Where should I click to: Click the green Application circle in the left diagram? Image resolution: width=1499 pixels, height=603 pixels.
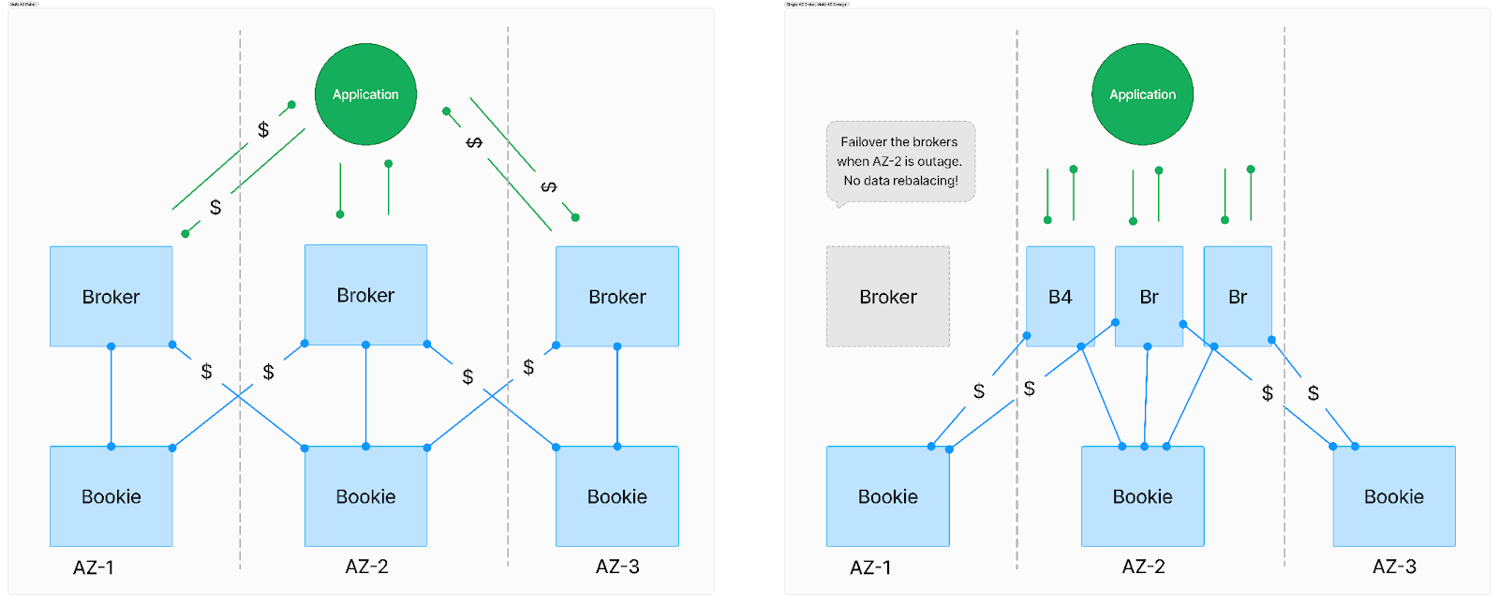[365, 95]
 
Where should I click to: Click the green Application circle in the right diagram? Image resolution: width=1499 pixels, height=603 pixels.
[1142, 95]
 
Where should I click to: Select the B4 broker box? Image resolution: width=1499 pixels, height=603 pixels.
[1060, 297]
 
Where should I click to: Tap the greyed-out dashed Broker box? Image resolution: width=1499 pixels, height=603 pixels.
[887, 297]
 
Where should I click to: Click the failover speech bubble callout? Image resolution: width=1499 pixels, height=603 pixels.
[900, 161]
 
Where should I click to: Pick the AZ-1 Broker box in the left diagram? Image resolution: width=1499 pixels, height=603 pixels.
[111, 297]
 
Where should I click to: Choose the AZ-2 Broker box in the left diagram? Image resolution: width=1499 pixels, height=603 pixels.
[365, 295]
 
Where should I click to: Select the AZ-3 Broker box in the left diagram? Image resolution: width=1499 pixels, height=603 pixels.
[616, 297]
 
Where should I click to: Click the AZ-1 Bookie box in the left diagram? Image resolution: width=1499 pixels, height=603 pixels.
[111, 496]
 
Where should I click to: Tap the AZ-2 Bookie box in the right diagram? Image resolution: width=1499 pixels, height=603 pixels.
[1142, 496]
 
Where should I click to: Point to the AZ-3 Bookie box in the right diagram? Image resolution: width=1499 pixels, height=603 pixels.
[1393, 496]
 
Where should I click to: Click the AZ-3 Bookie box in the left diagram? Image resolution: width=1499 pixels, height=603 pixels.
[616, 496]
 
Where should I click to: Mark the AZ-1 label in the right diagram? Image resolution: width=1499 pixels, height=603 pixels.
[870, 567]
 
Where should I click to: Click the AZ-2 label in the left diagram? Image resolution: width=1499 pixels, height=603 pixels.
[366, 566]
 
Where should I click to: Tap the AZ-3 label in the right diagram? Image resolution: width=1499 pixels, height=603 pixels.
[1394, 566]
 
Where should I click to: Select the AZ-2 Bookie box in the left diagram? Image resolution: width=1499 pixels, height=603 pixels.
[365, 496]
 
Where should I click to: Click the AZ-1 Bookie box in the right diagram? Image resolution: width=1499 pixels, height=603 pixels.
[887, 496]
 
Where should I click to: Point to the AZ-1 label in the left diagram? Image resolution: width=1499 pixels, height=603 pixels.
[94, 567]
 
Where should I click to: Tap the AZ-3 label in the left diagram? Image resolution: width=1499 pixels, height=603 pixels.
[617, 566]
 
